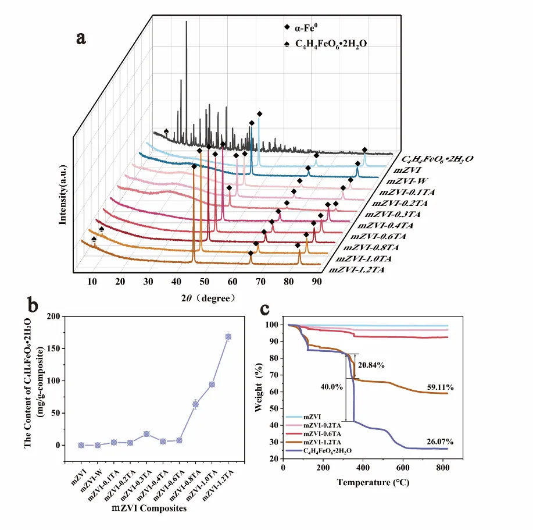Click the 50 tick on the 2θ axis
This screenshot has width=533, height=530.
tap(205, 282)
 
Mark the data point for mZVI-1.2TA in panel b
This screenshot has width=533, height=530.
tap(228, 336)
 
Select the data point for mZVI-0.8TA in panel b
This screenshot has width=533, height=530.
tap(196, 404)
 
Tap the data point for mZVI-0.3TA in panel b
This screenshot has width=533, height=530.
tap(146, 434)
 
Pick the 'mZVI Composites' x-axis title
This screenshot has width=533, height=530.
tap(156, 508)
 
